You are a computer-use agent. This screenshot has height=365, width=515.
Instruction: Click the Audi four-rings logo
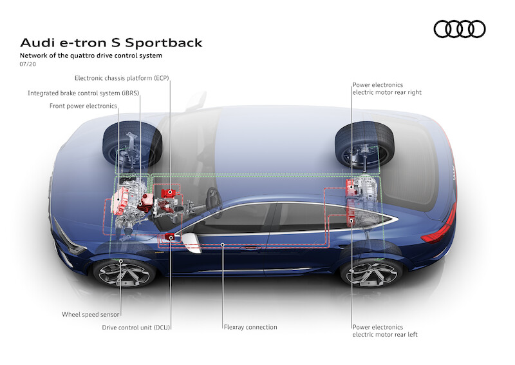(460, 29)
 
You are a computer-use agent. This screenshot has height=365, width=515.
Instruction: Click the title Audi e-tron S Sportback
(111, 43)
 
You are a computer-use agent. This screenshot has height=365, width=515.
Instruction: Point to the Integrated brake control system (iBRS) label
(84, 93)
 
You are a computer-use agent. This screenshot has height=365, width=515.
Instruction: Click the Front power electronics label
(83, 106)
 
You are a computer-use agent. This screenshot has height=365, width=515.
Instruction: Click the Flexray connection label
(250, 328)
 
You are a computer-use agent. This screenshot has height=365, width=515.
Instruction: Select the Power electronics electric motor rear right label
(386, 88)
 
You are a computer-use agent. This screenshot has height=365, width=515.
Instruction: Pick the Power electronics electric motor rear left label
(386, 331)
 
